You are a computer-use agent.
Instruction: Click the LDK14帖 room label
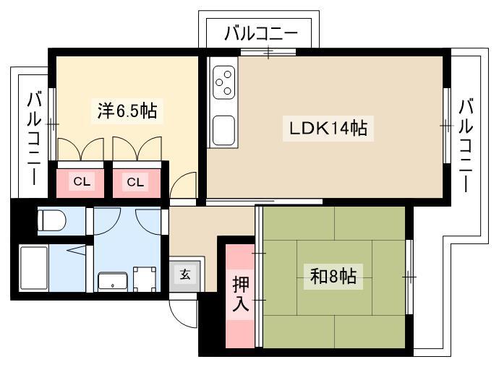[328, 128]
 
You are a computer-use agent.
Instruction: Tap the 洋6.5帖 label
[127, 111]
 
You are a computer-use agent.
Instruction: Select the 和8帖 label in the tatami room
[333, 276]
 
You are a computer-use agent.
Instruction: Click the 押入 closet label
[240, 293]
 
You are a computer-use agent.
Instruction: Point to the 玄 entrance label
[185, 274]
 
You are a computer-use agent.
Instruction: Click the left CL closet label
[82, 181]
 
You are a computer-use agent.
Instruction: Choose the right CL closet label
[135, 182]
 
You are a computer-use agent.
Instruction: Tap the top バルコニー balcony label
[261, 33]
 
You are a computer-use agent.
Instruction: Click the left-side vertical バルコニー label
[34, 138]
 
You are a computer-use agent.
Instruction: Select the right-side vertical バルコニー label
[466, 146]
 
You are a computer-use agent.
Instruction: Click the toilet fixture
[51, 220]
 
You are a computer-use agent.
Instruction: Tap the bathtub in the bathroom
[34, 268]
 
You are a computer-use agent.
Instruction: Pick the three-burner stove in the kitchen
[223, 82]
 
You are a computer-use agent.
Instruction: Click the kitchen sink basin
[223, 130]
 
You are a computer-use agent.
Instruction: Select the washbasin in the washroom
[113, 282]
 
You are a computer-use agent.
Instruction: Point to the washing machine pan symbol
[145, 279]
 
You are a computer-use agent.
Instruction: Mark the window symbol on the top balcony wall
[268, 52]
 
